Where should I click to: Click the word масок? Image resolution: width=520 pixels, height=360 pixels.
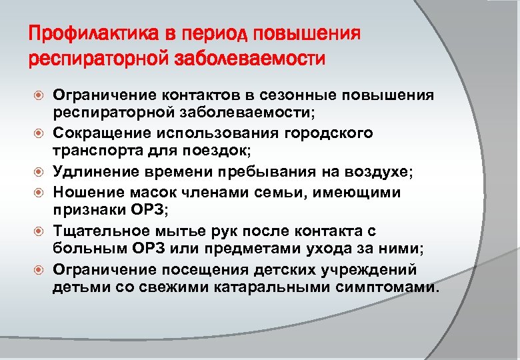click(x=158, y=192)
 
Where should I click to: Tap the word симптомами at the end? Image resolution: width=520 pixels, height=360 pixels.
click(x=392, y=289)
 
